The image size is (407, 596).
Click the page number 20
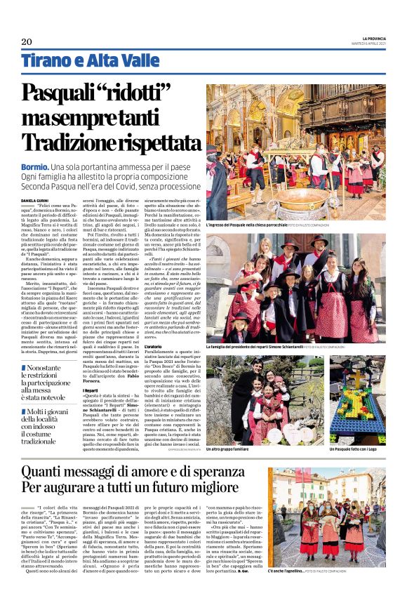tap(26, 41)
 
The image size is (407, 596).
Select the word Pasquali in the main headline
tap(64, 93)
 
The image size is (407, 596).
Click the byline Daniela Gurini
tap(35, 200)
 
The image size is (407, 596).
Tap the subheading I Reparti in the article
tap(90, 389)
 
